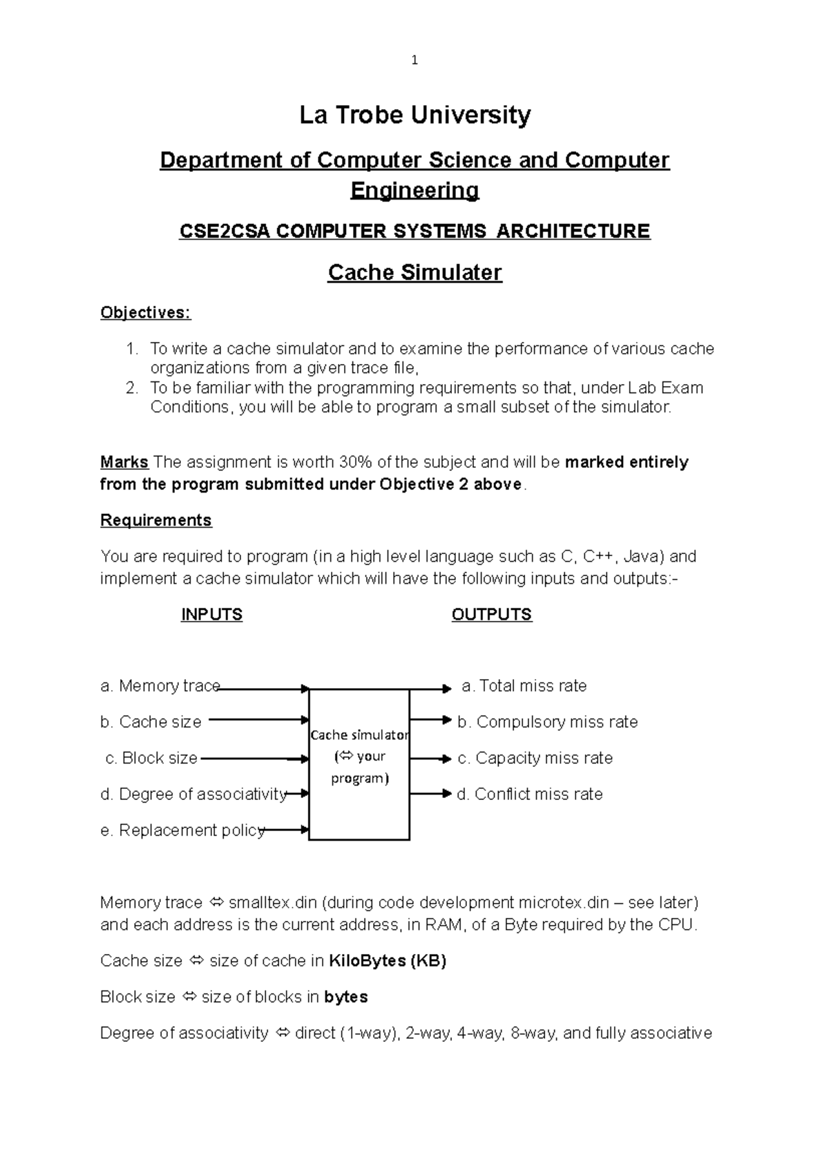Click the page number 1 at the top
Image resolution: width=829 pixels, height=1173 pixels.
(414, 61)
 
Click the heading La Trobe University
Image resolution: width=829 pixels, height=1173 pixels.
(414, 115)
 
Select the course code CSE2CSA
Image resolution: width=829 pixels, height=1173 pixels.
(225, 231)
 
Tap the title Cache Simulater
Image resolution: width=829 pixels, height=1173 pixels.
(414, 272)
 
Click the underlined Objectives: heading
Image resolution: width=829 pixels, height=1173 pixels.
(145, 312)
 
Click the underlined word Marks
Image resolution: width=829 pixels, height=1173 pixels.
(124, 462)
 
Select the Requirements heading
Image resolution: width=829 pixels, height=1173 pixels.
(156, 520)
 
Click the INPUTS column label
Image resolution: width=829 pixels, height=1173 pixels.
(211, 615)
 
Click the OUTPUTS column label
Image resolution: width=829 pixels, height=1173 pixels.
(491, 615)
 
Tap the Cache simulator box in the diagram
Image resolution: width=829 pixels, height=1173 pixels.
(359, 763)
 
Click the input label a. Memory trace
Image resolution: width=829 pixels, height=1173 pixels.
(160, 686)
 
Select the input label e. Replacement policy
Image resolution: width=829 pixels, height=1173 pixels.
(182, 830)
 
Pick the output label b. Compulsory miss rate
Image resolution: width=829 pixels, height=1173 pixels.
(547, 722)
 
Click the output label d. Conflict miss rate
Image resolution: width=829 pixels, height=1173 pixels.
(530, 794)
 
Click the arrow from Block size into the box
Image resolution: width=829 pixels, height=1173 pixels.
(254, 759)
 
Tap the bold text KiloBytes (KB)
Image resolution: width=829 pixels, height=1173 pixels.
(387, 961)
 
